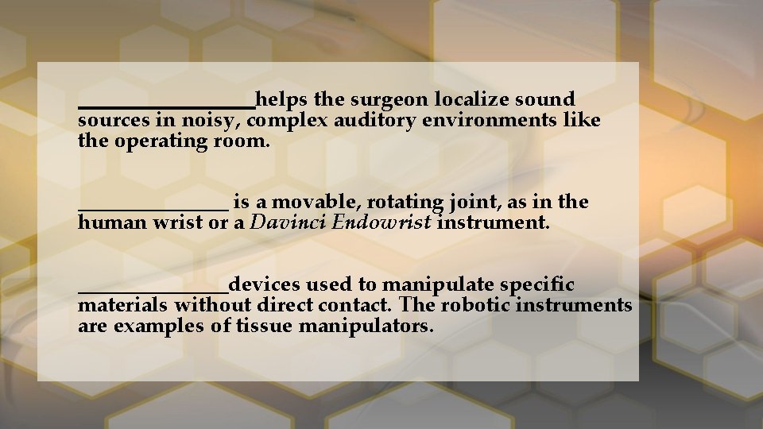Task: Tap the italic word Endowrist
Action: point(381,223)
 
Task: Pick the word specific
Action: point(540,284)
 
